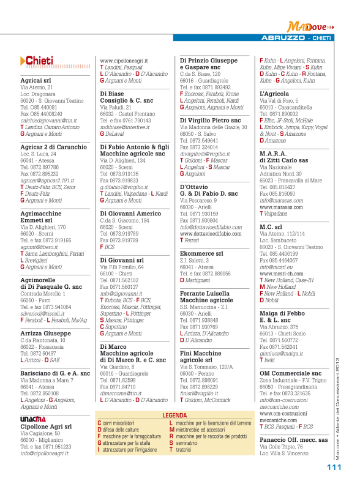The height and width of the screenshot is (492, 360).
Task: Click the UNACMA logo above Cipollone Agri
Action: (x=31, y=418)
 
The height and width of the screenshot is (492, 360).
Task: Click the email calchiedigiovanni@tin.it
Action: (x=49, y=121)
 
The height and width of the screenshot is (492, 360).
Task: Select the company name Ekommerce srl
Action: (x=201, y=253)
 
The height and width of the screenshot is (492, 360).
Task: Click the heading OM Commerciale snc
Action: (x=290, y=373)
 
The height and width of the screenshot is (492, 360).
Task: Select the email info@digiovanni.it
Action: (x=122, y=293)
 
